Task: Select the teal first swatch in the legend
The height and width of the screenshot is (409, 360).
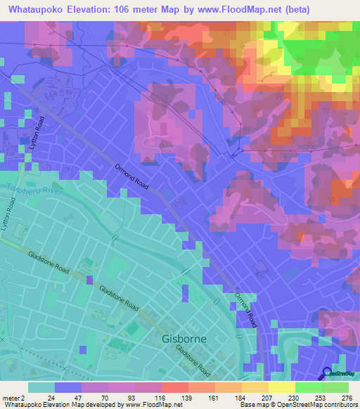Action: pyautogui.click(x=41, y=387)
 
